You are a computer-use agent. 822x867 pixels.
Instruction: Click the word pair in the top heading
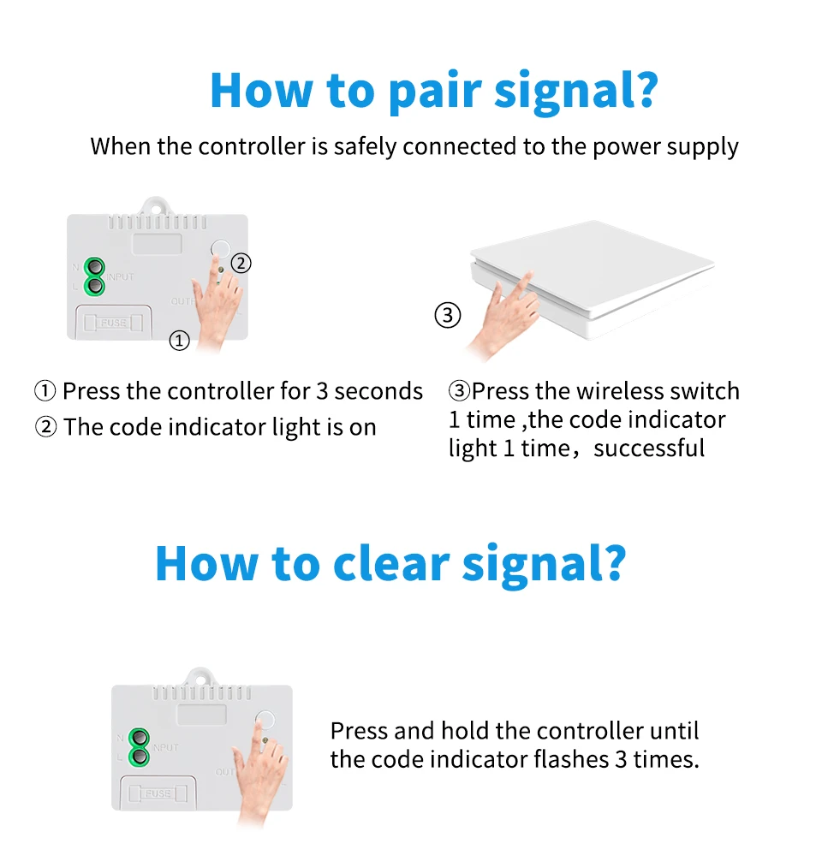click(435, 91)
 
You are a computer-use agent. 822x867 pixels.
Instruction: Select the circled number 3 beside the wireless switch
click(448, 316)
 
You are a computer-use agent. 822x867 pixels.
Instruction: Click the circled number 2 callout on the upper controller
click(241, 263)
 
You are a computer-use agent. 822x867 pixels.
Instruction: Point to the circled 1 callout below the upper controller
click(179, 341)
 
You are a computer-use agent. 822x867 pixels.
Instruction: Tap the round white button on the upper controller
click(222, 249)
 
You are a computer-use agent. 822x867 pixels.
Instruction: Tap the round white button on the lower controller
click(266, 722)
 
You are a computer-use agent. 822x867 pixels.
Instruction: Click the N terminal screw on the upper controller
click(94, 268)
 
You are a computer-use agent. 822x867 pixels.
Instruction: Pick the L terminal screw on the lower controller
click(138, 757)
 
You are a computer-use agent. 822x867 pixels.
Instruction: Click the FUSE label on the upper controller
click(114, 323)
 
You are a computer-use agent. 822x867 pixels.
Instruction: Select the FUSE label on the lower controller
click(158, 793)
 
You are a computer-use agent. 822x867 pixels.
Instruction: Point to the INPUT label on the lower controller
click(165, 747)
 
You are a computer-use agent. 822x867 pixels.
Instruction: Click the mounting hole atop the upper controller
click(158, 205)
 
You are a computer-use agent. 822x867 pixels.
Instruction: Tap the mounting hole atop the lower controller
click(201, 676)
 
